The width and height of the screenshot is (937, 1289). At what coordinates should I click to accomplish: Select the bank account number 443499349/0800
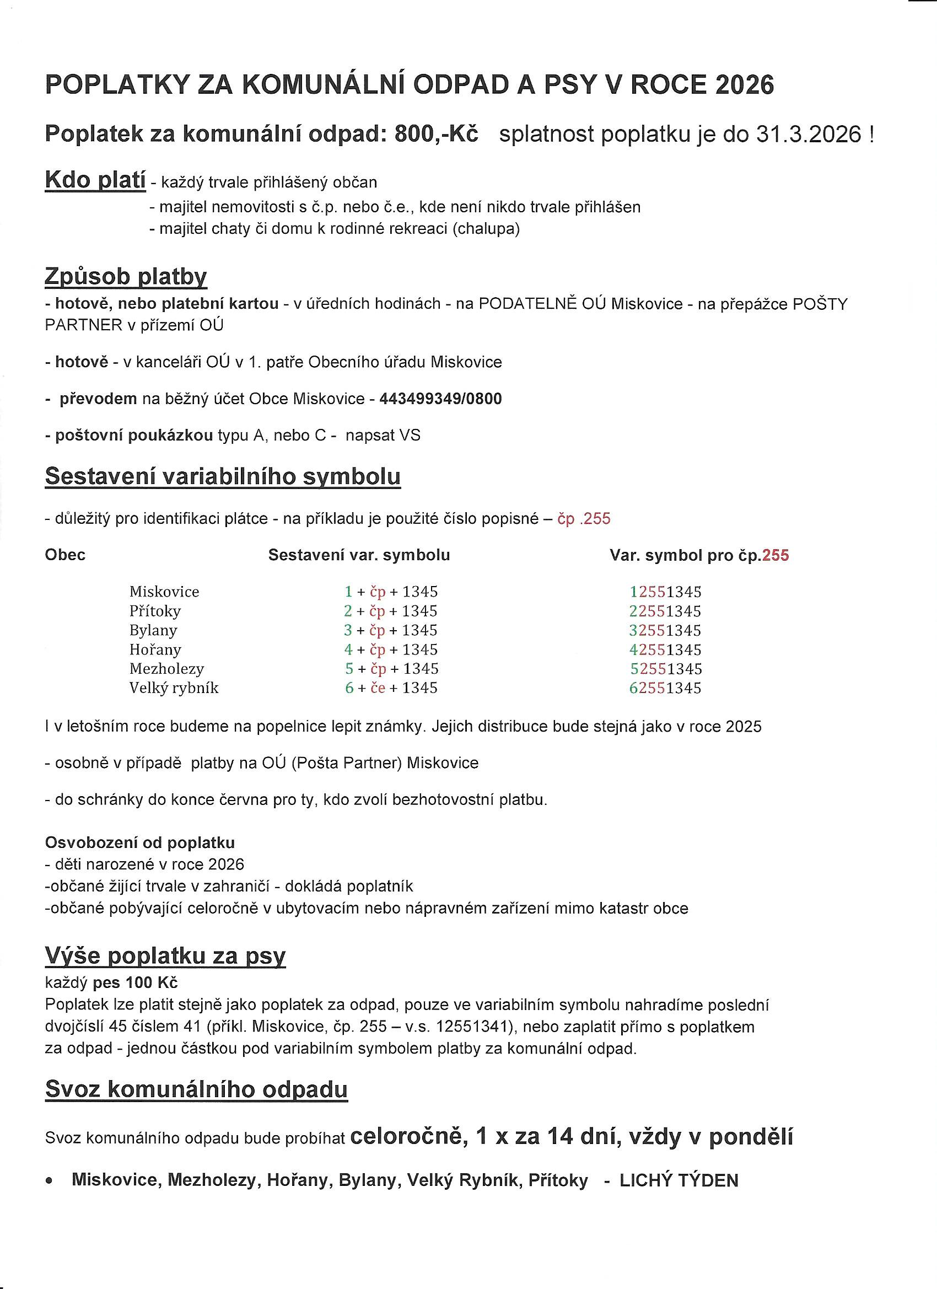440,399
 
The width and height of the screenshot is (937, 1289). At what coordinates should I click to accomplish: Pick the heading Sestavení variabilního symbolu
223,476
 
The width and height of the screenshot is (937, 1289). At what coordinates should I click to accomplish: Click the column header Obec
66,555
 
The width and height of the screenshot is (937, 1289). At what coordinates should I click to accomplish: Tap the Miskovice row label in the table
164,592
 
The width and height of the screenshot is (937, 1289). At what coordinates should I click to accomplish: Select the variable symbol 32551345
665,630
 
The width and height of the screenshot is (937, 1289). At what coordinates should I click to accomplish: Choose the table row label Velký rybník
174,688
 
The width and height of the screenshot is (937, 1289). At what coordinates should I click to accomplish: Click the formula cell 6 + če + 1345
391,688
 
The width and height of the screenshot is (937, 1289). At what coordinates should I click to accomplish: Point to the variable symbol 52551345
666,668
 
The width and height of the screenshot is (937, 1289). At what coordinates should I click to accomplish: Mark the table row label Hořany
155,649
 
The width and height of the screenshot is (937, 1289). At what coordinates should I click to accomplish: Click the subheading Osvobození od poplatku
140,842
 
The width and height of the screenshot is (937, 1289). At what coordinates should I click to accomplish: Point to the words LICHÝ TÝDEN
678,1181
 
